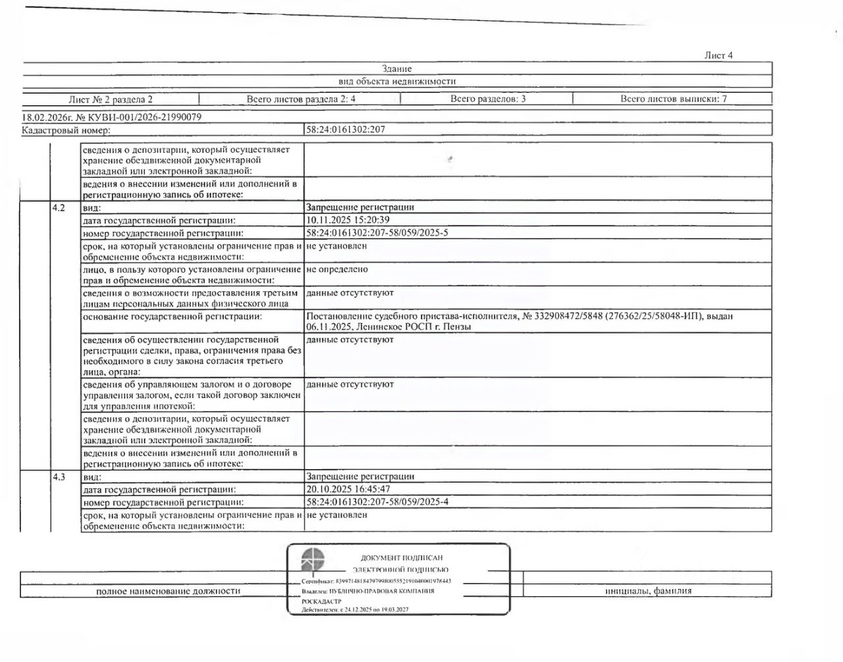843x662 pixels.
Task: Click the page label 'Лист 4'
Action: point(718,55)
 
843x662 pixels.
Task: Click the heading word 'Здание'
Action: point(396,69)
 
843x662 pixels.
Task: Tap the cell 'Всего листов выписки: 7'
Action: point(673,99)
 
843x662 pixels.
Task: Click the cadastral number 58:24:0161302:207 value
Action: point(346,130)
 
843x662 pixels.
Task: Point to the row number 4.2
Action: point(59,207)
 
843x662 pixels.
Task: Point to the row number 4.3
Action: point(59,476)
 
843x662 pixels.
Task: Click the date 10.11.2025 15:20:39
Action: point(348,220)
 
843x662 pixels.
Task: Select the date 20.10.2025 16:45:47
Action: point(348,489)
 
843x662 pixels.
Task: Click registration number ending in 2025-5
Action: point(377,233)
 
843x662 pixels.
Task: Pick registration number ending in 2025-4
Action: point(377,502)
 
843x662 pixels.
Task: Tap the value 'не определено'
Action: point(337,269)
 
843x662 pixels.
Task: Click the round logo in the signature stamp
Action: point(313,561)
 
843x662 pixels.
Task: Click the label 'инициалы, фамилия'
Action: point(648,591)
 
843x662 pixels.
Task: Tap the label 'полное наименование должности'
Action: point(168,591)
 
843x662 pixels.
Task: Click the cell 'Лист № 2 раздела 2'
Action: point(111,99)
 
